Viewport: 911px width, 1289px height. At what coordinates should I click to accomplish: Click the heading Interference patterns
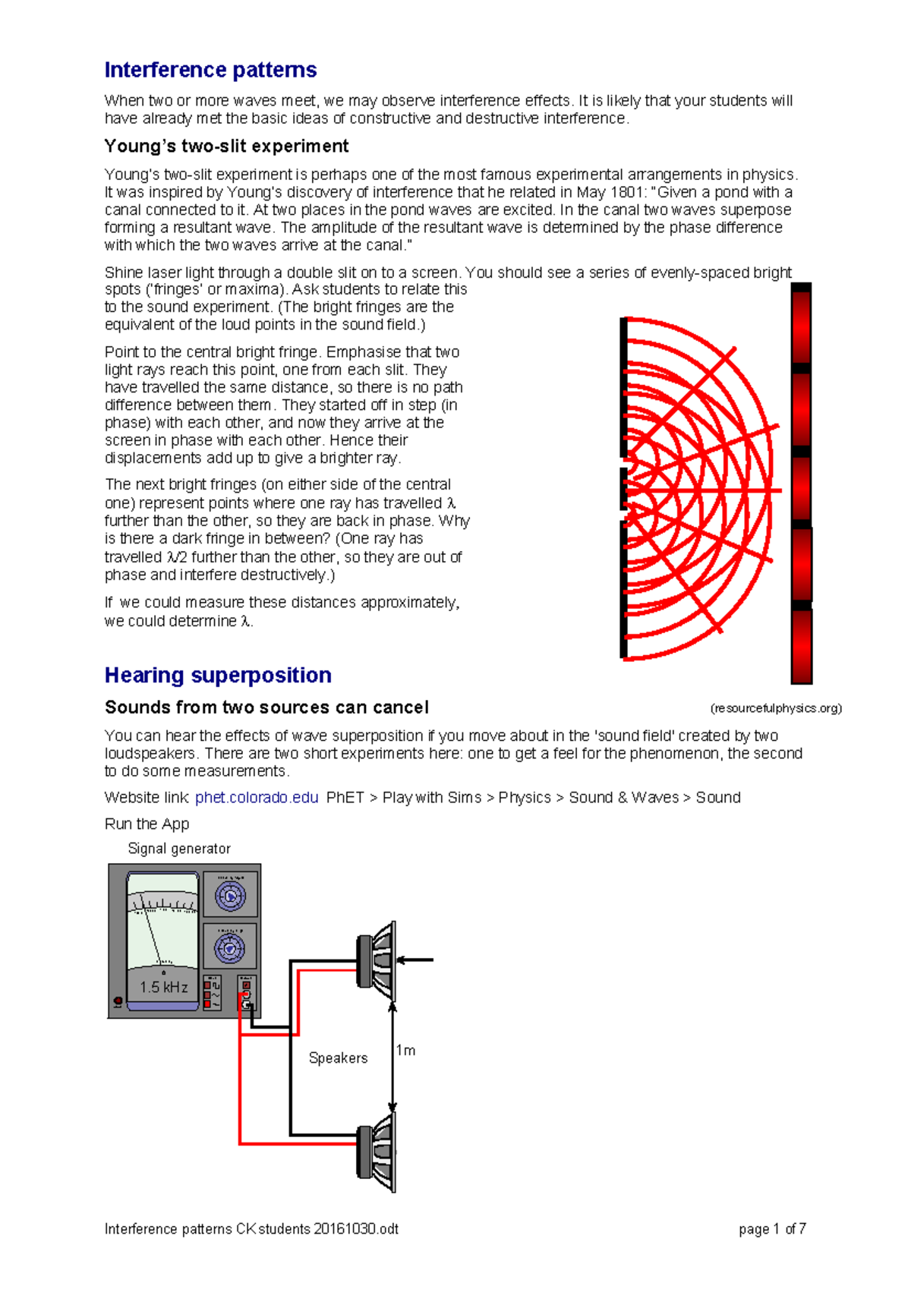coord(210,70)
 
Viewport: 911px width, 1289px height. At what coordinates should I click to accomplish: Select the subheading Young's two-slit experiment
coord(226,146)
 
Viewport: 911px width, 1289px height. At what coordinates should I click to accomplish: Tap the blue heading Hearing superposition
coord(218,675)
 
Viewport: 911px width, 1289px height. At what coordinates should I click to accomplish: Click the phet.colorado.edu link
coord(257,797)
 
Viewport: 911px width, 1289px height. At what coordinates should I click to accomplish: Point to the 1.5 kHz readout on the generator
coord(163,987)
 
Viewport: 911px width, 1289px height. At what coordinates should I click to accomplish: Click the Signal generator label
coord(179,849)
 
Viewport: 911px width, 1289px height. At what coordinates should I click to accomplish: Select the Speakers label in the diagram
coord(338,1057)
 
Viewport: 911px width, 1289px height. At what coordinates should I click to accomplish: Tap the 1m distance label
coord(406,1050)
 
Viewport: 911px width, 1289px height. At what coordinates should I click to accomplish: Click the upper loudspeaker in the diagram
coord(377,961)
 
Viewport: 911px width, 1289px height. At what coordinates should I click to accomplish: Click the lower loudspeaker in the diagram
coord(377,1152)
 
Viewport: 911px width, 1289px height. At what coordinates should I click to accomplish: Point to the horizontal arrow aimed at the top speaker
coord(415,960)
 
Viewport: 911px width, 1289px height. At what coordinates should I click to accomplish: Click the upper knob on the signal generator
coord(230,897)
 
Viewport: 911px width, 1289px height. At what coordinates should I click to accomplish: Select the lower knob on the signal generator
coord(230,948)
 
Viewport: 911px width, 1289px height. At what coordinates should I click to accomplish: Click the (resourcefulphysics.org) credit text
coord(776,708)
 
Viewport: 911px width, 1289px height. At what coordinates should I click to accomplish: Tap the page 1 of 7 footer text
coord(772,1229)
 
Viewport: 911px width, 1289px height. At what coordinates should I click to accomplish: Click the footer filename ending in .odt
coord(251,1229)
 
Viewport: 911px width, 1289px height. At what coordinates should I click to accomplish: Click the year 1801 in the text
coord(626,192)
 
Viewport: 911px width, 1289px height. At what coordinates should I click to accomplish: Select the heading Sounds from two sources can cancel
coord(266,708)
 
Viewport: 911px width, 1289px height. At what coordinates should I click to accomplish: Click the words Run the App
coord(147,824)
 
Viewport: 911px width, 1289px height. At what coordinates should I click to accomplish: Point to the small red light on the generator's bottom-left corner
coord(118,1002)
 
